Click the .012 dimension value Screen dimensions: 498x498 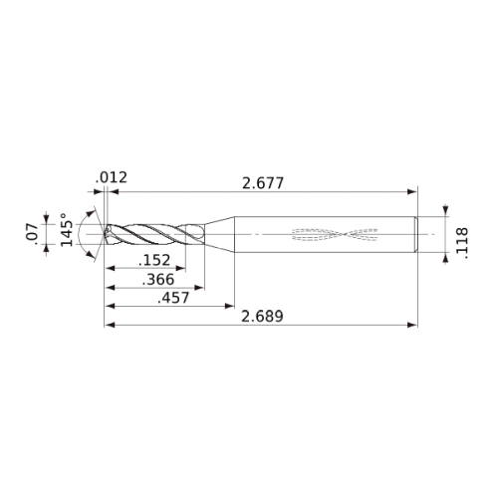tap(112, 177)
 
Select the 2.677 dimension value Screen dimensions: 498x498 tap(263, 183)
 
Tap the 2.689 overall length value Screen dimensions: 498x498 tap(262, 316)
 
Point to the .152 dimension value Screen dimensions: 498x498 tap(154, 260)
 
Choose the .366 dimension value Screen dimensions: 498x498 tap(158, 279)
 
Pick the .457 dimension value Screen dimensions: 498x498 tap(173, 298)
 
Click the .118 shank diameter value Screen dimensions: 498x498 tap(462, 243)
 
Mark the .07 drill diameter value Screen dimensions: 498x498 tap(32, 232)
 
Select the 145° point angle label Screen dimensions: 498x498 tap(67, 229)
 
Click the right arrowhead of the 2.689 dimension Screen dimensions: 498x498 tap(412, 325)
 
